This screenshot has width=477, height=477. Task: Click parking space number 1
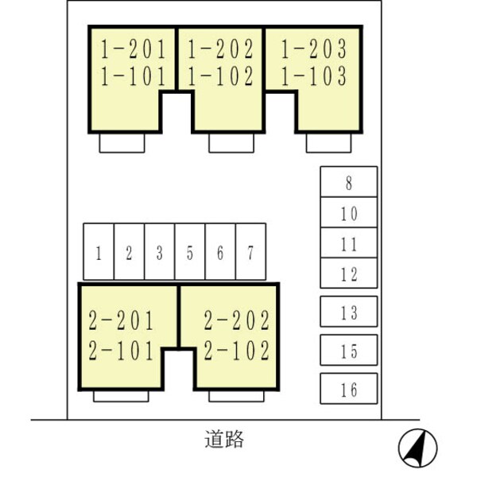99,252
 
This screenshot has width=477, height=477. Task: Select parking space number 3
160,252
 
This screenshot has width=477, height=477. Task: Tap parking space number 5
190,252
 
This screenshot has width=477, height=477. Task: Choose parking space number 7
250,252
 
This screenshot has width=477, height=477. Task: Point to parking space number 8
348,182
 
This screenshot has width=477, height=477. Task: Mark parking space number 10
348,213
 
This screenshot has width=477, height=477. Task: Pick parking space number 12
348,273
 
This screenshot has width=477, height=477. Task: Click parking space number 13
348,312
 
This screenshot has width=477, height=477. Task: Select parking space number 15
348,350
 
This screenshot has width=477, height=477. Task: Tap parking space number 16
348,389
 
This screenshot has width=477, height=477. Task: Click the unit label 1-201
134,50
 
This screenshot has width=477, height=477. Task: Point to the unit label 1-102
221,77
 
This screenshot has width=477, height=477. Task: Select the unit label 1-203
313,50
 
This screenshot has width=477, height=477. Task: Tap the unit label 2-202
237,322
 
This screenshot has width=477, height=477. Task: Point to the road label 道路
223,439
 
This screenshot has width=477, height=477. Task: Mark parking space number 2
129,252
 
